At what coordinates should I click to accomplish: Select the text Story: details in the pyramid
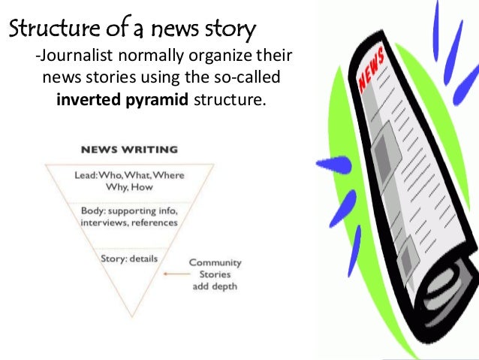pos(129,259)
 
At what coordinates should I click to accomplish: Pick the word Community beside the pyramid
pos(215,262)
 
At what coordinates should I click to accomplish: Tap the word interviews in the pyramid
pos(104,222)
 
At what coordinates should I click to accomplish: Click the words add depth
pos(215,286)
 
